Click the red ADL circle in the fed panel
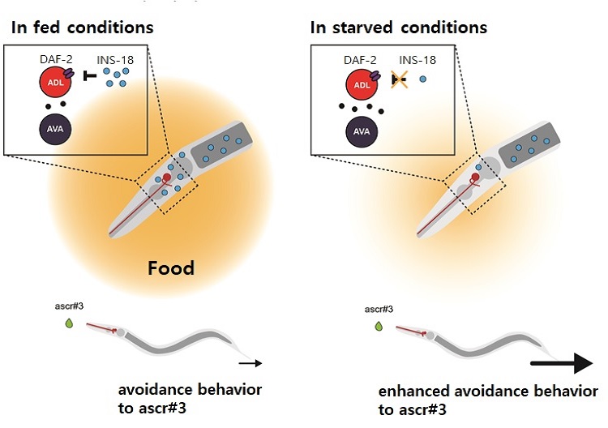(55, 82)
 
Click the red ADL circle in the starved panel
(362, 84)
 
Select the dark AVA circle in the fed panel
(55, 129)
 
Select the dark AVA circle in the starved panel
(362, 132)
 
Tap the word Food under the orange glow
(171, 268)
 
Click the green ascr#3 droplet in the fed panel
(69, 323)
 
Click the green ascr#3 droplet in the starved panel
(379, 326)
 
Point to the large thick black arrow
(562, 363)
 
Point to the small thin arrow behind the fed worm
(250, 363)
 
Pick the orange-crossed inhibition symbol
(399, 80)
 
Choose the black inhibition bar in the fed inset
(89, 76)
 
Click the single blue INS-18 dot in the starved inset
(422, 79)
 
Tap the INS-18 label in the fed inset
(115, 60)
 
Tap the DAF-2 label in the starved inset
(360, 60)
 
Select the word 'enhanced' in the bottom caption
(413, 392)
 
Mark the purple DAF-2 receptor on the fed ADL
(69, 73)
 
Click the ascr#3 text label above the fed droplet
(69, 306)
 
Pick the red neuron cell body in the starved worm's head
(475, 178)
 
